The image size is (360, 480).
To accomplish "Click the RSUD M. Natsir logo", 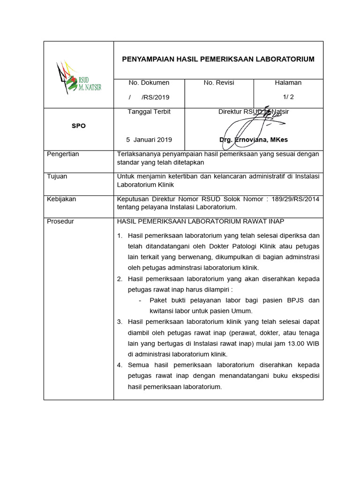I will click(78, 77).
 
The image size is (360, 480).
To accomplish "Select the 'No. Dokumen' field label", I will click(149, 82).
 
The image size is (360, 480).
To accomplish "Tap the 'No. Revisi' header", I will click(219, 82).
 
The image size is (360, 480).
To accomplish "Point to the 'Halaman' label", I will click(288, 82).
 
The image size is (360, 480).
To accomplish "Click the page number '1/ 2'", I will click(288, 97).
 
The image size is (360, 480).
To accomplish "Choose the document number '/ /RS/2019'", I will click(149, 97).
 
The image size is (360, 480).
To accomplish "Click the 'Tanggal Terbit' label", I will click(149, 112).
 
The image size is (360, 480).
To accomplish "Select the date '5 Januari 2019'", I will click(149, 140).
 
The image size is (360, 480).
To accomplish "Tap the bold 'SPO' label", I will click(79, 126).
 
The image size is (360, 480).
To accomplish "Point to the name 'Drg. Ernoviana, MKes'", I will click(254, 140).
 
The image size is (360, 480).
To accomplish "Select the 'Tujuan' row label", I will click(57, 176).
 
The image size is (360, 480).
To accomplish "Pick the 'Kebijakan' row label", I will click(61, 199).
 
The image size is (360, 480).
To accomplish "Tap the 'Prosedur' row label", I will click(60, 221).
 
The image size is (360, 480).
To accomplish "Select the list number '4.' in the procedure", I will click(120, 365).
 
